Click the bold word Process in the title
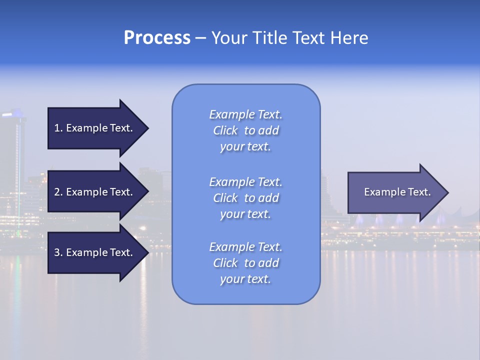tap(157, 38)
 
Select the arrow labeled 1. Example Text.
tap(95, 128)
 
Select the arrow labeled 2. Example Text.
tap(95, 192)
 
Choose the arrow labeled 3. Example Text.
tap(95, 252)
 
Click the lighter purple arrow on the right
tap(395, 192)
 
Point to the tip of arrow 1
tap(147, 128)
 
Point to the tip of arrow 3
tap(147, 252)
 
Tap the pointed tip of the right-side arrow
tap(447, 192)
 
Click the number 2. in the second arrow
tap(58, 192)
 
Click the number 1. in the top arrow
tap(58, 128)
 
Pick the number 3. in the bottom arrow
tap(58, 252)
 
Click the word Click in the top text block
tap(225, 131)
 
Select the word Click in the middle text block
tap(225, 198)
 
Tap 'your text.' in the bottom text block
tap(245, 279)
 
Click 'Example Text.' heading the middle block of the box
tap(245, 182)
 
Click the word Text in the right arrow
tap(420, 192)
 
